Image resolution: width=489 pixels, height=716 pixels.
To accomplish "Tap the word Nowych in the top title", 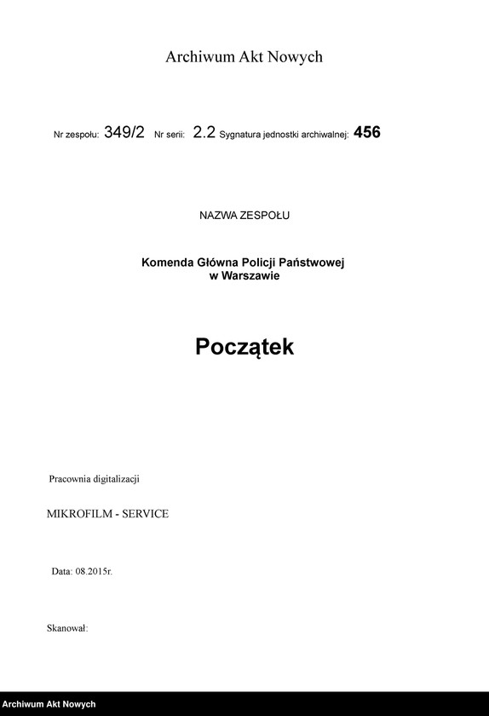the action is pyautogui.click(x=295, y=57).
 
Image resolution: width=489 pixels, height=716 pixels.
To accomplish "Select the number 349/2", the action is pyautogui.click(x=124, y=133).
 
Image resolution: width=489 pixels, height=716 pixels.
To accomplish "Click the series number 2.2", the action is pyautogui.click(x=204, y=133).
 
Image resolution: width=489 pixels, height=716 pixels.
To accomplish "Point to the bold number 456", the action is pyautogui.click(x=366, y=133).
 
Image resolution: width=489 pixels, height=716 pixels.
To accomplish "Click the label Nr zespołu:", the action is pyautogui.click(x=77, y=136).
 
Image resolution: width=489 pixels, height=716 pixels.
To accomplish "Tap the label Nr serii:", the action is pyautogui.click(x=170, y=136).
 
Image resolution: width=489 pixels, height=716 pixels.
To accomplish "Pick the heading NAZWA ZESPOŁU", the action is pyautogui.click(x=244, y=216).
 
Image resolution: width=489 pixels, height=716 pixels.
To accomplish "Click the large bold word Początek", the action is pyautogui.click(x=244, y=348).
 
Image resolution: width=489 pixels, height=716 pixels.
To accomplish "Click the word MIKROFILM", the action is pyautogui.click(x=78, y=514).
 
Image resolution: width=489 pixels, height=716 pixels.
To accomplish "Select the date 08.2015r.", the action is pyautogui.click(x=94, y=571).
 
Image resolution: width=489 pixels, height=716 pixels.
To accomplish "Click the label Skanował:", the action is pyautogui.click(x=68, y=628).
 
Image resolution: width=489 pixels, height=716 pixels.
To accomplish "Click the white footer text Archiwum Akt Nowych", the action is pyautogui.click(x=49, y=705).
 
